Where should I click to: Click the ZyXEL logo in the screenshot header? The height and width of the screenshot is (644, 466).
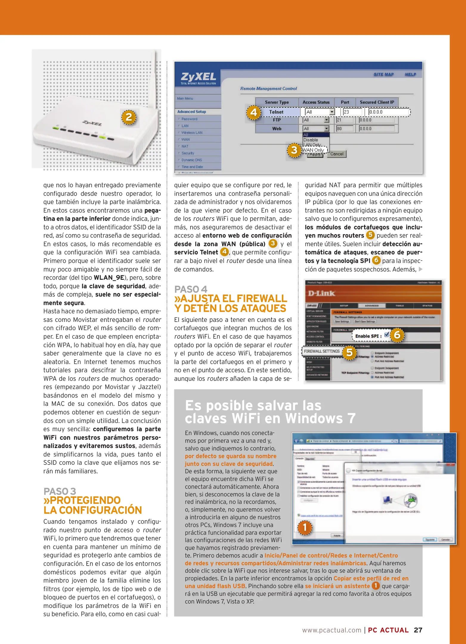[198, 78]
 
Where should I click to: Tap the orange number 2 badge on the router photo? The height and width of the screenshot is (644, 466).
[129, 117]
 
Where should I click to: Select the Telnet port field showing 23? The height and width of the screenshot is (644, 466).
[352, 112]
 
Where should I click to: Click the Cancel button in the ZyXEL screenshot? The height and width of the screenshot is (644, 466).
[337, 154]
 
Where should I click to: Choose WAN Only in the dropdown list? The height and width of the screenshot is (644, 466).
[313, 150]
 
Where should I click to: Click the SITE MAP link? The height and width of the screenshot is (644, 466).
[384, 74]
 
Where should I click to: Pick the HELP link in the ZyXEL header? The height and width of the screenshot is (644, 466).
[410, 74]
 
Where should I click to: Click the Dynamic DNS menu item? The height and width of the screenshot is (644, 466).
[191, 160]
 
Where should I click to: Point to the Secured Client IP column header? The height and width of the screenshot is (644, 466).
[377, 102]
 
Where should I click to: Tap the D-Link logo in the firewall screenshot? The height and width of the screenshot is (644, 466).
[321, 293]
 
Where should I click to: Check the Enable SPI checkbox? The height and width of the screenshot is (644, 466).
[387, 335]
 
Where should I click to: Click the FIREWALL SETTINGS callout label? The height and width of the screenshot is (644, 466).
[322, 351]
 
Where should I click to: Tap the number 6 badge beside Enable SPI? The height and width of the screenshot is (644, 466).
[397, 335]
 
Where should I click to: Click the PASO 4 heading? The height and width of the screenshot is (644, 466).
[191, 289]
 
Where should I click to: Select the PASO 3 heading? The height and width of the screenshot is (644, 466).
[60, 491]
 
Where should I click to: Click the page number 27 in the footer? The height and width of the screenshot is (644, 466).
[418, 630]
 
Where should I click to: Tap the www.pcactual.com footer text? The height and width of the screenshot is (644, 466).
[332, 630]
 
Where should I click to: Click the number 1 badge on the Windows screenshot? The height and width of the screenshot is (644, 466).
[305, 527]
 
